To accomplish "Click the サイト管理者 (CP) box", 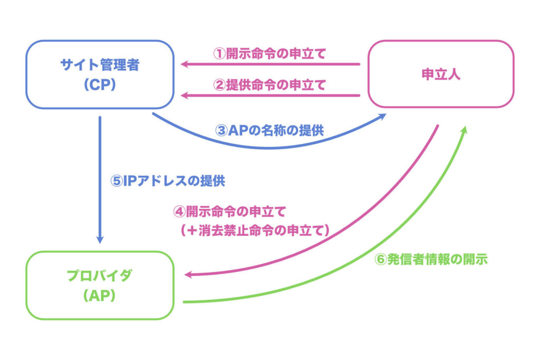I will [x=100, y=75].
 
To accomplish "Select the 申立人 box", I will [x=440, y=74].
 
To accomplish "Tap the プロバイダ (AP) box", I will [x=100, y=285].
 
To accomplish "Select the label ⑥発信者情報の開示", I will [x=430, y=260].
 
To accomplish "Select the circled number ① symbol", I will [x=219, y=54].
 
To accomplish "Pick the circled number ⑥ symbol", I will [x=380, y=260].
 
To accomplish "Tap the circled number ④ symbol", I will [x=180, y=212].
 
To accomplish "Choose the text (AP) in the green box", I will [x=100, y=296].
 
